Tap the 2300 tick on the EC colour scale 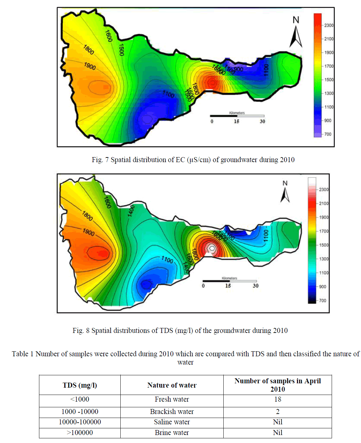[x=329, y=25]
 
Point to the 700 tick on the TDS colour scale [x=322, y=301]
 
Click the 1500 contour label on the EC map [x=121, y=50]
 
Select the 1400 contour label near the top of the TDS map [x=131, y=210]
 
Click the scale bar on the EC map [x=237, y=116]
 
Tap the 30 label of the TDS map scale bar [x=255, y=286]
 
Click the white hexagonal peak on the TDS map [x=211, y=248]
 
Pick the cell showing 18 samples [x=277, y=399]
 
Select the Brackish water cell [x=172, y=412]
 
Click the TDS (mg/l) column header [x=80, y=385]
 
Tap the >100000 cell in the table [x=80, y=433]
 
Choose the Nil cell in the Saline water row [x=277, y=422]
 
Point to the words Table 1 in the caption [x=22, y=354]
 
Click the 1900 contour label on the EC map [x=90, y=66]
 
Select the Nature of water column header [x=172, y=385]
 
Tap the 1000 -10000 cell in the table [x=80, y=412]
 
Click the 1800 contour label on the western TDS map [x=87, y=216]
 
